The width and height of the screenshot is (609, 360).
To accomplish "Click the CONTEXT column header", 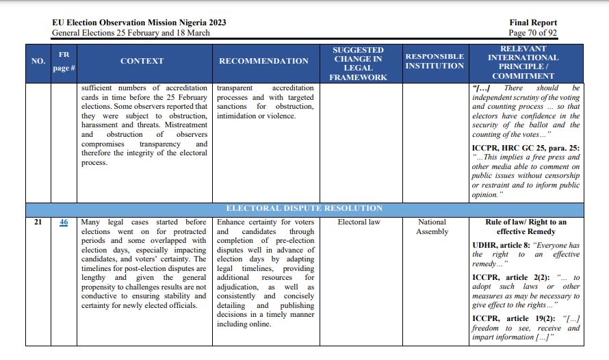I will coord(142,61).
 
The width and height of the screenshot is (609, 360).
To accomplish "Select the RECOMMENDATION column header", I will coord(263,61).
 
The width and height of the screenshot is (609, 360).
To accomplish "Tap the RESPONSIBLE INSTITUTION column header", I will coord(435,61).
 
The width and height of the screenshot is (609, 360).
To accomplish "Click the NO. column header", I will coord(38,61).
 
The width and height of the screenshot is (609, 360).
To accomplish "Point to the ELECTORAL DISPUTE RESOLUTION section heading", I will coord(304,208).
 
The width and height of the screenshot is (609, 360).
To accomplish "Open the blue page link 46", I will coord(64,222).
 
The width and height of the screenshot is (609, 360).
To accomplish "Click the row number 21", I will coord(38,222).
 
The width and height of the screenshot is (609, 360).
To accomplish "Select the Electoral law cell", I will coord(359,222).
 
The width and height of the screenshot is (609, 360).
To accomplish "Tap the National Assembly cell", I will coord(432,227).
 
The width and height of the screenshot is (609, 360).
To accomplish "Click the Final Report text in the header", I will coord(533,23).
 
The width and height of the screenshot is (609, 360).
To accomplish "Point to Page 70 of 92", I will coord(532,32).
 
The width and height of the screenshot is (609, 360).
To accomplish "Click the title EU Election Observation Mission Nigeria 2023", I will coord(139,23).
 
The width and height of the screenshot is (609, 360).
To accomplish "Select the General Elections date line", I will coord(131,32).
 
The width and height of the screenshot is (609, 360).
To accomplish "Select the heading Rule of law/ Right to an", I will coord(526,222).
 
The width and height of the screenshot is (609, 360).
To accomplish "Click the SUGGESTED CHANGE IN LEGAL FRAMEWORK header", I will coord(359,64).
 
